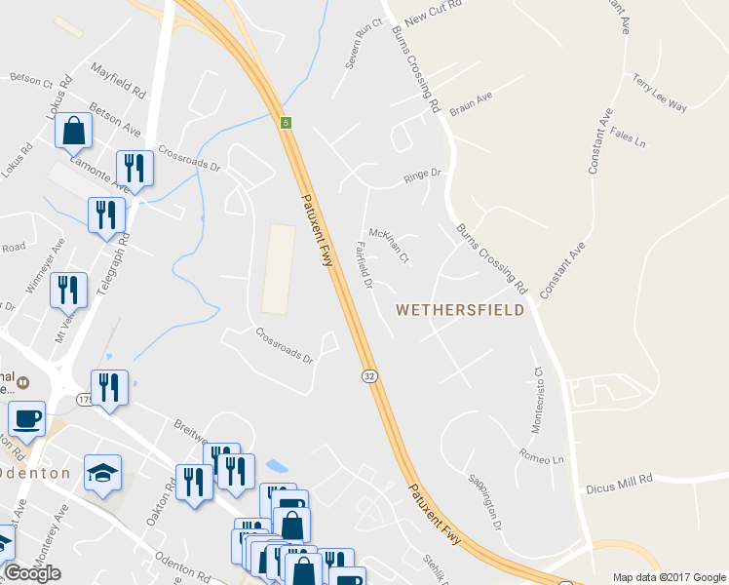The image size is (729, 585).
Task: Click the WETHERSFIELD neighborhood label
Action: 460,310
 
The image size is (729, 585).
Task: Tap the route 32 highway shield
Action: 369,376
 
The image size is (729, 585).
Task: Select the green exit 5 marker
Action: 286,123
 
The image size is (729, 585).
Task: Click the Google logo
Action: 32,573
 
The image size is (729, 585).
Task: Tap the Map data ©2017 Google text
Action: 669,577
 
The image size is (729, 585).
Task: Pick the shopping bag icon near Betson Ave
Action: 73,130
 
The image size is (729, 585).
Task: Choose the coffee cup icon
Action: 26,419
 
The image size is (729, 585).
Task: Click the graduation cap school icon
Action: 102,473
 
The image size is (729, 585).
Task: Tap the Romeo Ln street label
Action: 543,457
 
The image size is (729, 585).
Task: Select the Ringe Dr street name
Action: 423,177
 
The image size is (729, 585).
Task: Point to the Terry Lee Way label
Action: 660,94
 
